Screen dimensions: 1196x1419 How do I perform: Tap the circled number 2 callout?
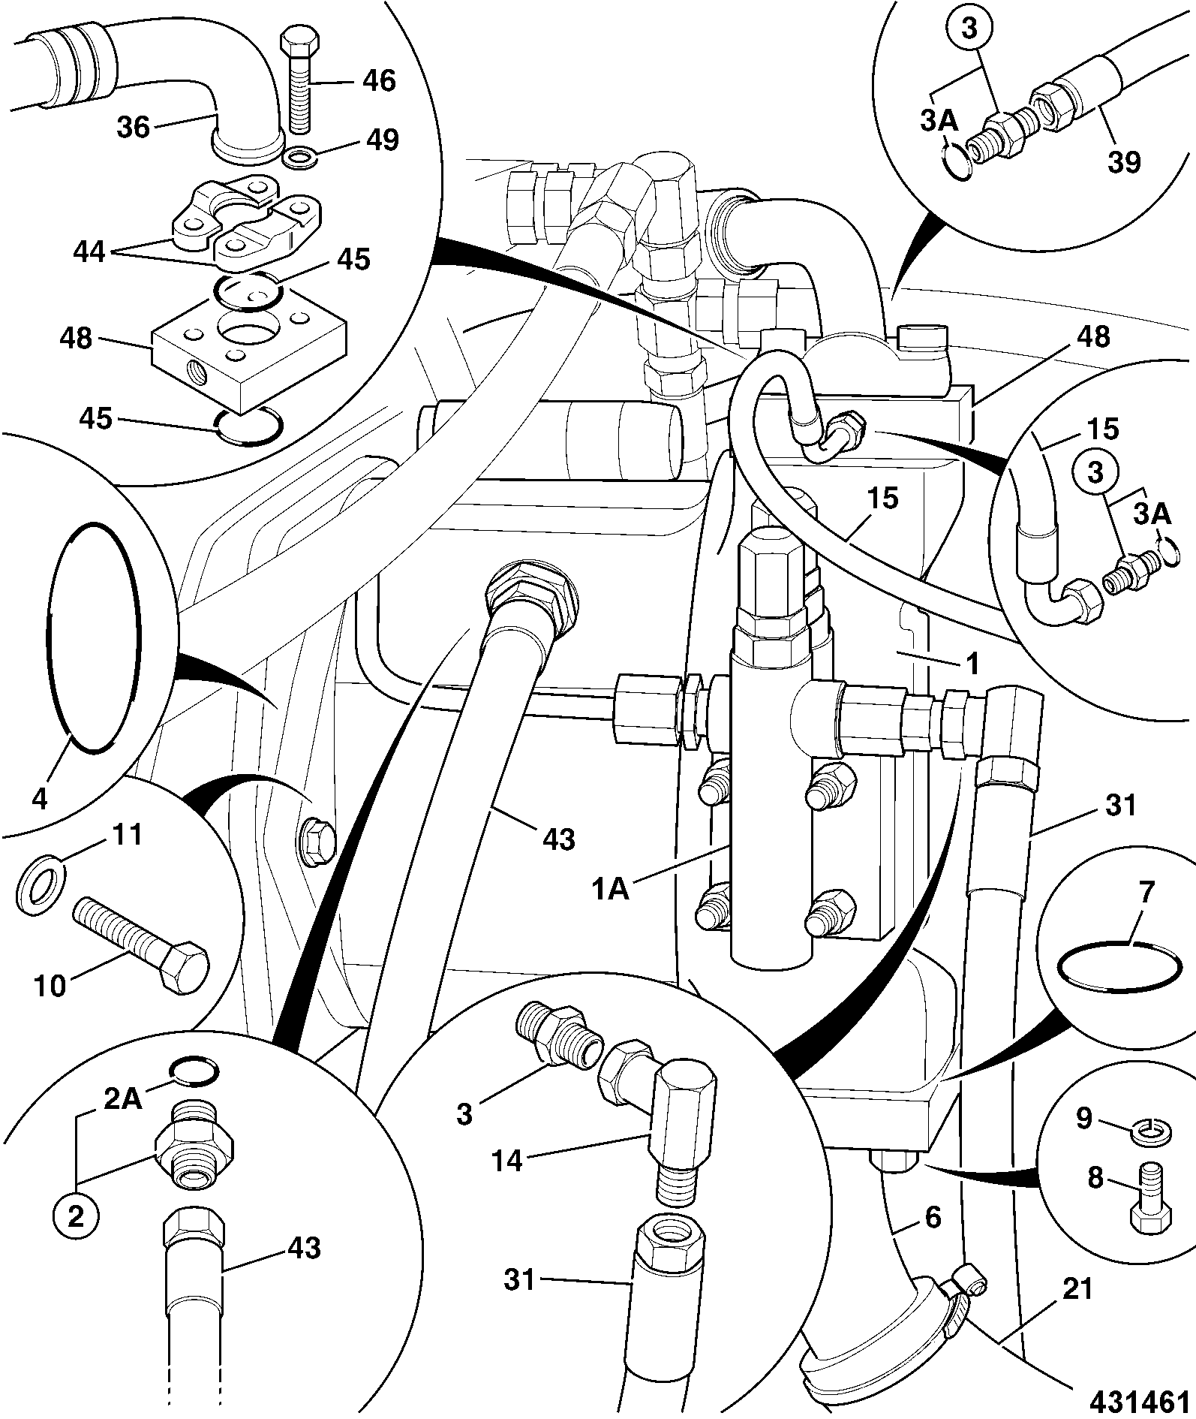coord(77,1216)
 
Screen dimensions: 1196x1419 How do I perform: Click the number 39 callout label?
coord(1123,161)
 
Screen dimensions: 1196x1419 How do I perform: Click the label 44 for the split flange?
coord(91,253)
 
